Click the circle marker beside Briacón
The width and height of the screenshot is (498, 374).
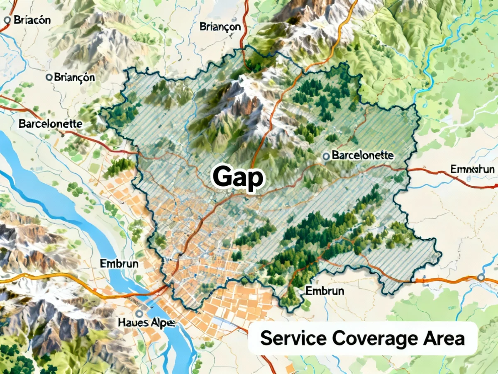7,19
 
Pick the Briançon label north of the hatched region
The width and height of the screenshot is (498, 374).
220,27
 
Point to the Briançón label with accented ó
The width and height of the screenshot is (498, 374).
74,77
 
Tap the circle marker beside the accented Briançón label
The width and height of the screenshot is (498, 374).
49,77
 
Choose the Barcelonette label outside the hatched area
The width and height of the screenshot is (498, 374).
50,124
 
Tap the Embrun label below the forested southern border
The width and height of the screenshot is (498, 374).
325,291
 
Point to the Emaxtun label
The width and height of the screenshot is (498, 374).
472,169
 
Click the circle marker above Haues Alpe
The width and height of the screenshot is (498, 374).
139,314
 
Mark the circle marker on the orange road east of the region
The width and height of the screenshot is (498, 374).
481,277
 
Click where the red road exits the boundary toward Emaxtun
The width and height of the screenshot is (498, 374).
406,169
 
